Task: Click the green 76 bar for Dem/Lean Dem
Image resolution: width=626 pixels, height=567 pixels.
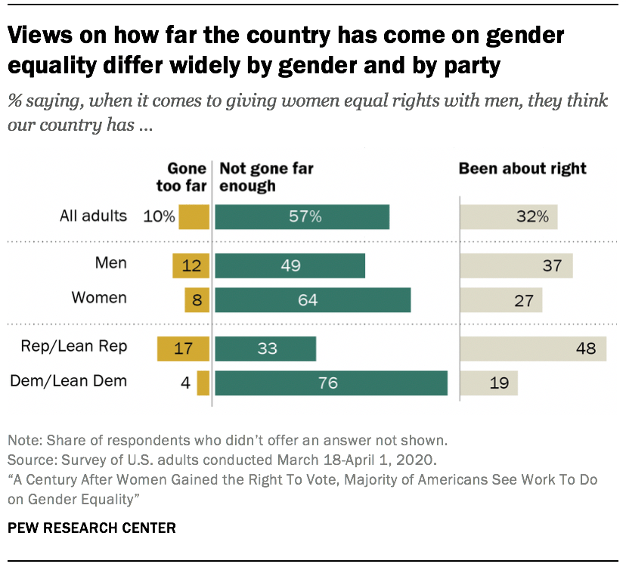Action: click(331, 383)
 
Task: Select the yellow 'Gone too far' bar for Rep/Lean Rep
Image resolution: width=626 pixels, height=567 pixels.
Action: click(182, 349)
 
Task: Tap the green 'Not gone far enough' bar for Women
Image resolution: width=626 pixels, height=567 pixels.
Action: click(312, 299)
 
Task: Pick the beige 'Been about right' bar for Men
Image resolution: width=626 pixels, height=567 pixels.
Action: click(516, 266)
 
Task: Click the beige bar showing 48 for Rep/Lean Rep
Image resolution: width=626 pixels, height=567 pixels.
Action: click(533, 349)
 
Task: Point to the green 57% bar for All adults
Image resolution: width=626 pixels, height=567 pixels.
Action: click(302, 217)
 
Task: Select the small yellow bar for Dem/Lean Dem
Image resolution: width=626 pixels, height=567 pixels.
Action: click(203, 383)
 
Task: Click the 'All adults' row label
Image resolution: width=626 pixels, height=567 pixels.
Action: click(93, 216)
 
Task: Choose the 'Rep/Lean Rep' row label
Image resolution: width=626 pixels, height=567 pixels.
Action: click(85, 347)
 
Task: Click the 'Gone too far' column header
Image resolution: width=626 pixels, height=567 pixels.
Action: click(187, 177)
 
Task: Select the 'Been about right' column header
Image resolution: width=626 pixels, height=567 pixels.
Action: click(522, 169)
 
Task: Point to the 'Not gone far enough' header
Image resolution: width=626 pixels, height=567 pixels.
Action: click(266, 177)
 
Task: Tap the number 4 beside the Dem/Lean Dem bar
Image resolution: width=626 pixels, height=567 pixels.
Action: click(184, 383)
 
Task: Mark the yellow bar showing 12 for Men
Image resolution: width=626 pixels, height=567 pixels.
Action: click(191, 266)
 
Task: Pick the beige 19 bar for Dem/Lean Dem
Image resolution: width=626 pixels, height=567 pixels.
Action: click(488, 383)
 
